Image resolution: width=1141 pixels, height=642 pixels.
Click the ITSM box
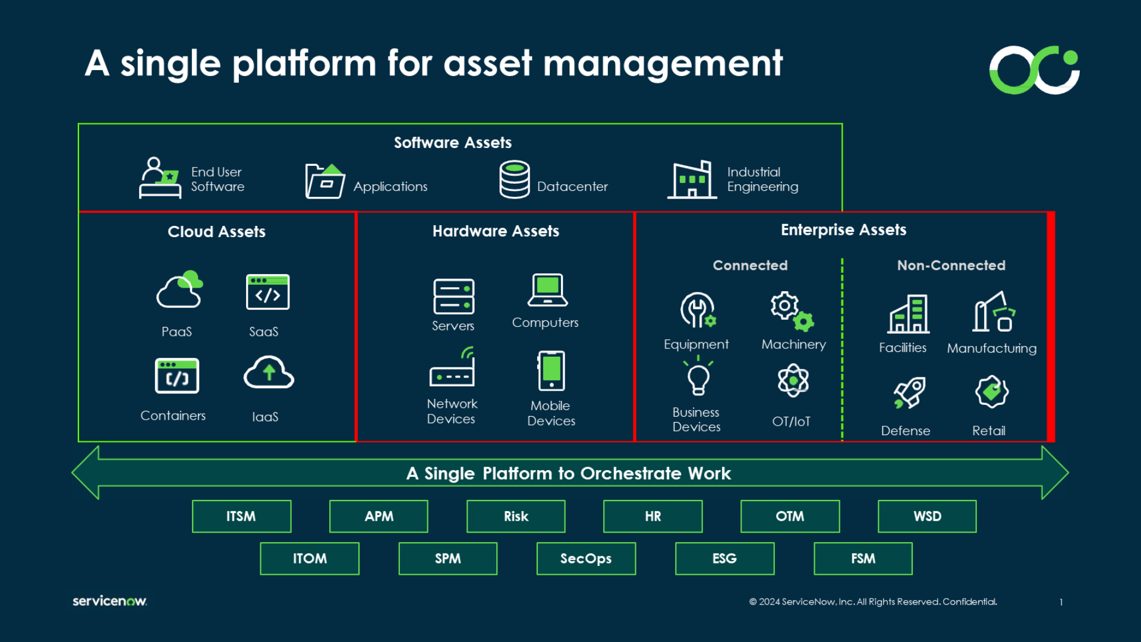[241, 516]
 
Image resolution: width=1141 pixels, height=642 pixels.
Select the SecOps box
[586, 558]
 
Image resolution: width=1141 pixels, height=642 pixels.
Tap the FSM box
[863, 558]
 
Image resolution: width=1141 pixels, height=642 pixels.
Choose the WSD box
[927, 516]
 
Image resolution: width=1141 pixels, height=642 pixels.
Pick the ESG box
[724, 558]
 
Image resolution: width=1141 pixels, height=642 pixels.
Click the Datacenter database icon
[515, 179]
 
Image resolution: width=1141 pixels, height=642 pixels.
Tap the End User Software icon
[160, 178]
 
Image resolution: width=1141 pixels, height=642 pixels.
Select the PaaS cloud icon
[179, 289]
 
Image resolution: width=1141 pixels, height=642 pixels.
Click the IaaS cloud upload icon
[269, 373]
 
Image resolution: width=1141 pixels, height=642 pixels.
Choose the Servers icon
[454, 296]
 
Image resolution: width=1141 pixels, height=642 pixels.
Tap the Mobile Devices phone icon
[551, 370]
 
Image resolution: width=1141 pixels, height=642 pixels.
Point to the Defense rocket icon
[909, 392]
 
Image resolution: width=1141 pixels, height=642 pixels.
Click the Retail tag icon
[992, 391]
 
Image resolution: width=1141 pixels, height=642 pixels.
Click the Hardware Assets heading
[496, 231]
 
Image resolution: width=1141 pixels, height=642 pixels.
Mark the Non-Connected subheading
[951, 265]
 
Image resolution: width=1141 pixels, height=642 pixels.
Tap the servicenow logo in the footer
[110, 601]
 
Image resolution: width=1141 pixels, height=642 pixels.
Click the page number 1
[1061, 602]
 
